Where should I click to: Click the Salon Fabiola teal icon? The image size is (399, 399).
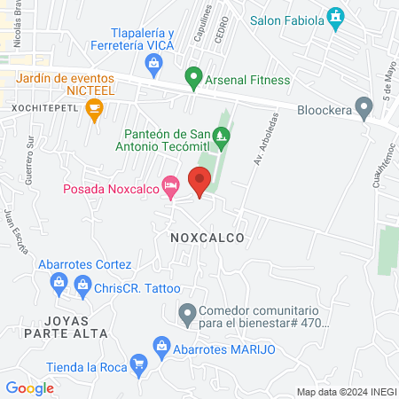[336, 18]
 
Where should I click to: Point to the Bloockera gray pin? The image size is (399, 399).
[363, 107]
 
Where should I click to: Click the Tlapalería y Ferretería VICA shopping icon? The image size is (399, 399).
[154, 63]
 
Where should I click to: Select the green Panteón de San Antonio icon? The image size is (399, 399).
[221, 136]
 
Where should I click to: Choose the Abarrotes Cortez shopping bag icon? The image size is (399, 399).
[59, 285]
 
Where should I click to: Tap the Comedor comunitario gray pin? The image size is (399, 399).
[187, 313]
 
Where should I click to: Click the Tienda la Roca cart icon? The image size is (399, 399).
[138, 364]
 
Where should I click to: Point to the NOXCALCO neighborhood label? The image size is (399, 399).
[205, 238]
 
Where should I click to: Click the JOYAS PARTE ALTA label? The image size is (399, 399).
[66, 325]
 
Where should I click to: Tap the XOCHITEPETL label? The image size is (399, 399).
[44, 107]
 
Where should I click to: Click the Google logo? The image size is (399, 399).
[30, 387]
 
